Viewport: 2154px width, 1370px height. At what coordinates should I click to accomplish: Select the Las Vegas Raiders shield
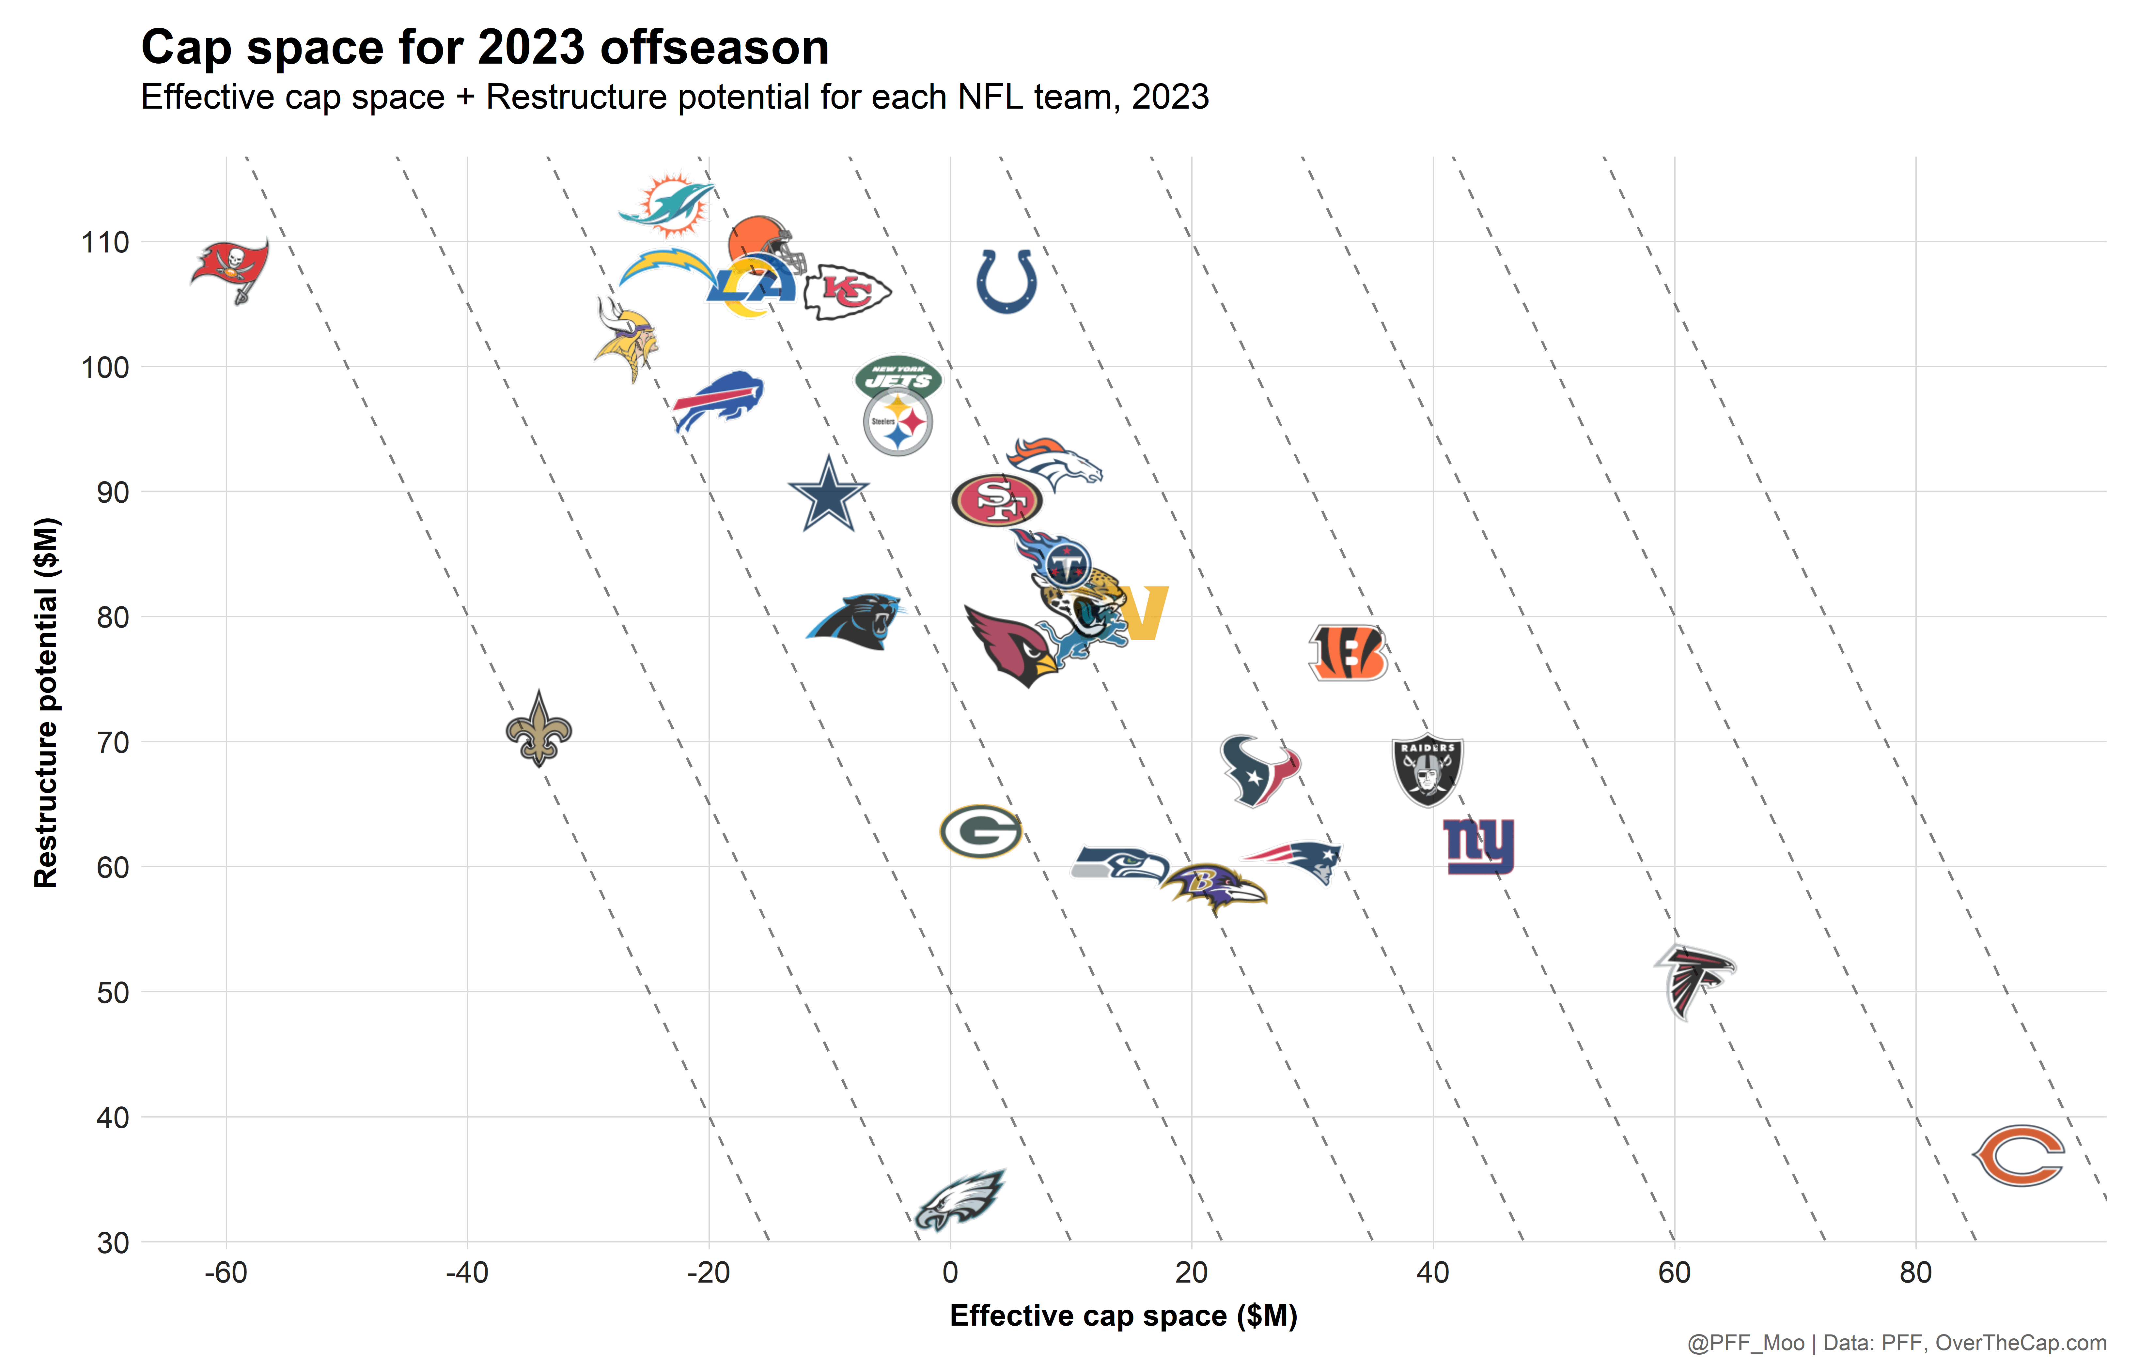click(1428, 769)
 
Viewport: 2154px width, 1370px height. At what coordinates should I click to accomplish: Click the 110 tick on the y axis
click(105, 242)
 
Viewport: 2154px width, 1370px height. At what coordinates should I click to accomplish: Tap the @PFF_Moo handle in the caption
click(1745, 1343)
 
